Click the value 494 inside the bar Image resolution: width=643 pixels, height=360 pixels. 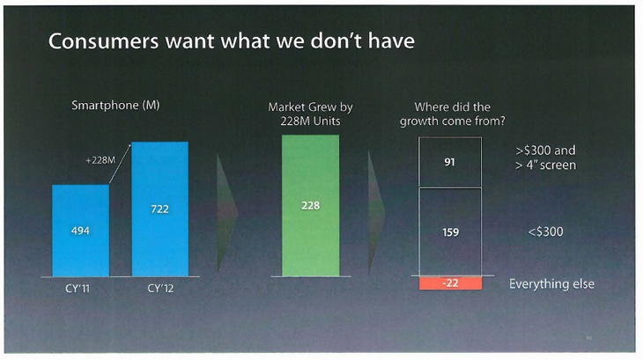[80, 231]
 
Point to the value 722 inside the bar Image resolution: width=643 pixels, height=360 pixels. [159, 209]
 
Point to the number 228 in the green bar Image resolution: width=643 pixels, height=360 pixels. [311, 205]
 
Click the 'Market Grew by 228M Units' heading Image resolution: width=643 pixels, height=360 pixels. [311, 114]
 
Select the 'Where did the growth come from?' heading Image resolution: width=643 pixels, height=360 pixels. [451, 114]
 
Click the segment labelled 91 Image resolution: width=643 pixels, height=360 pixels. [451, 162]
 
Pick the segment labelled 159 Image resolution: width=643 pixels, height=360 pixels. [451, 231]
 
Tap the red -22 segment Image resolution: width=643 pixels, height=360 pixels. [451, 283]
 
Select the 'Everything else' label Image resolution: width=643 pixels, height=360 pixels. [551, 284]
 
